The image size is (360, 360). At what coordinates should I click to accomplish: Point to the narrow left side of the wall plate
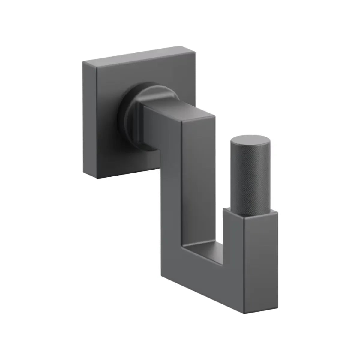point(90,120)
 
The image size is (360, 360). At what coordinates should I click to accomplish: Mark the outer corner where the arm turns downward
point(214,116)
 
